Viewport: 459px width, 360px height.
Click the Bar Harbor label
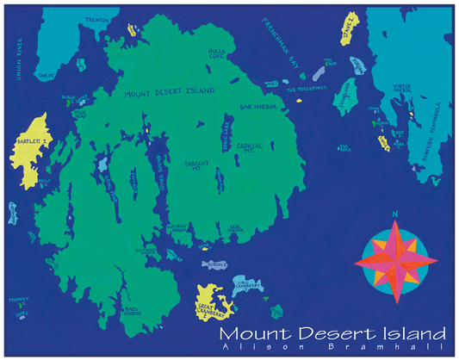256,106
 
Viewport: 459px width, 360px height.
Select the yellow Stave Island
348,31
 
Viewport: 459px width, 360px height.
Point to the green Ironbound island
346,96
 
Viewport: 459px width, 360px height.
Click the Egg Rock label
345,148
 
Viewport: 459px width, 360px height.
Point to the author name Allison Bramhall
332,347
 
